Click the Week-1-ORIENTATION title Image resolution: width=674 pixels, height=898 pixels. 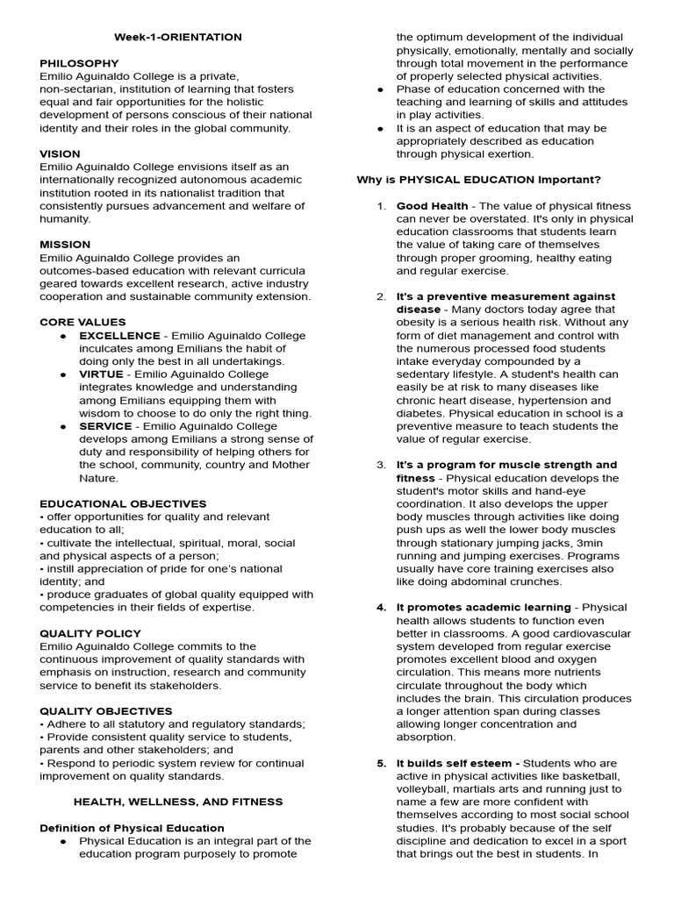coord(178,38)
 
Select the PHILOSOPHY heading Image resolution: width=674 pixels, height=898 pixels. coord(79,64)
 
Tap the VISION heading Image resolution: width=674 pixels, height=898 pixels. coord(59,153)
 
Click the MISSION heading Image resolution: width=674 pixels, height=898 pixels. coord(65,245)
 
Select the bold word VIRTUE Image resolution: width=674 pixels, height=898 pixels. coord(101,374)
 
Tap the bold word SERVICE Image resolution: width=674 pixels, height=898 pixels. coord(105,426)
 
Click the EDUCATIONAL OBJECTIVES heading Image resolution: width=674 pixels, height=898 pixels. coord(123,503)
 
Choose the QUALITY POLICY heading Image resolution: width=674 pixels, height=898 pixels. coord(90,633)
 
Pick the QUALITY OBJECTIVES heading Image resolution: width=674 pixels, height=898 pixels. coord(105,710)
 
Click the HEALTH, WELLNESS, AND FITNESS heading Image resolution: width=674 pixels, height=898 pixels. coord(178,801)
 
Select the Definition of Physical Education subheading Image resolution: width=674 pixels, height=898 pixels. coord(132,827)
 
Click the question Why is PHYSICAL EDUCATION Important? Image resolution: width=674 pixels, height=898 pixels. coord(478,180)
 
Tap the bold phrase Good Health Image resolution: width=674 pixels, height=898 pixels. coord(432,206)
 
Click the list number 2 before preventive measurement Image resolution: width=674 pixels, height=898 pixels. coord(381,296)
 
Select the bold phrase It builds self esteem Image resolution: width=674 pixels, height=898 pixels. coord(457,763)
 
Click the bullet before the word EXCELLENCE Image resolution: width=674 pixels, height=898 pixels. coord(64,336)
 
